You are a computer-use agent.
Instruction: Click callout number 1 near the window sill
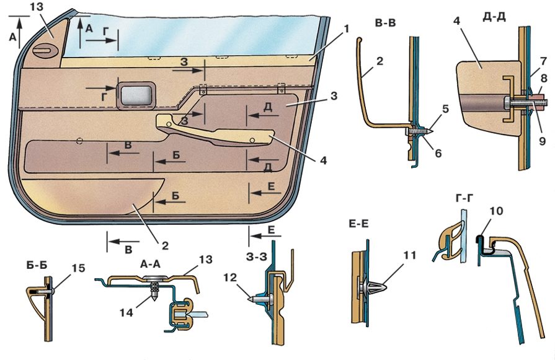pyautogui.click(x=347, y=29)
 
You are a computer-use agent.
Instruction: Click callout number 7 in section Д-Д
pyautogui.click(x=542, y=61)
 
